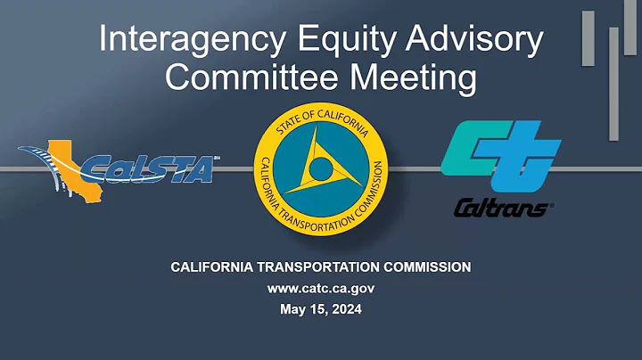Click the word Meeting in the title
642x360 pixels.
coord(415,78)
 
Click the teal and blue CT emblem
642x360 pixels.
coord(501,157)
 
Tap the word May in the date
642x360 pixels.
coord(291,309)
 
